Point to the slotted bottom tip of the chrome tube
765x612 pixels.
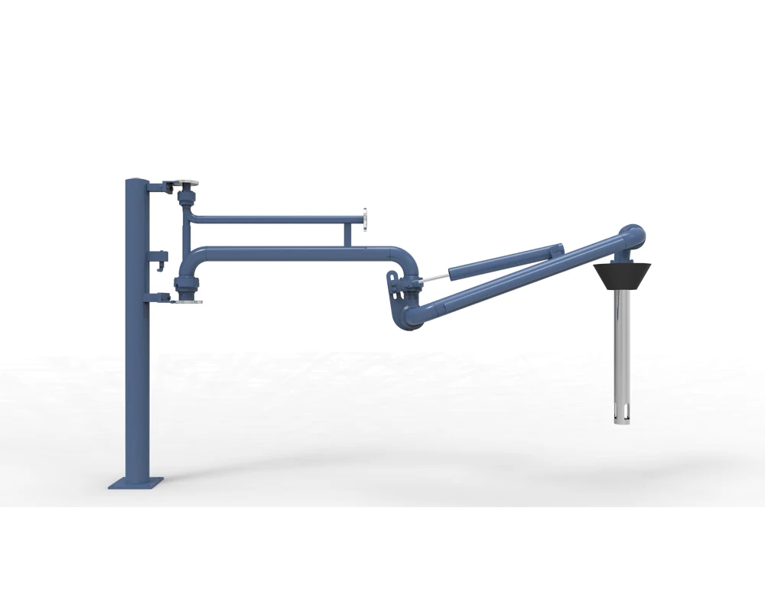pos(621,417)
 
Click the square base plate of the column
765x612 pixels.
pos(136,483)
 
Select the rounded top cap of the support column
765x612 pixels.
pos(135,182)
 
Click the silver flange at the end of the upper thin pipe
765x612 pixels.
pos(366,219)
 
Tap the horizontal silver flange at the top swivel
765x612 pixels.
pos(184,184)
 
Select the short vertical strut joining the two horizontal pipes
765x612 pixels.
pos(349,234)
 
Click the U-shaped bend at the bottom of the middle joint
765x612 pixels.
pos(411,317)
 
